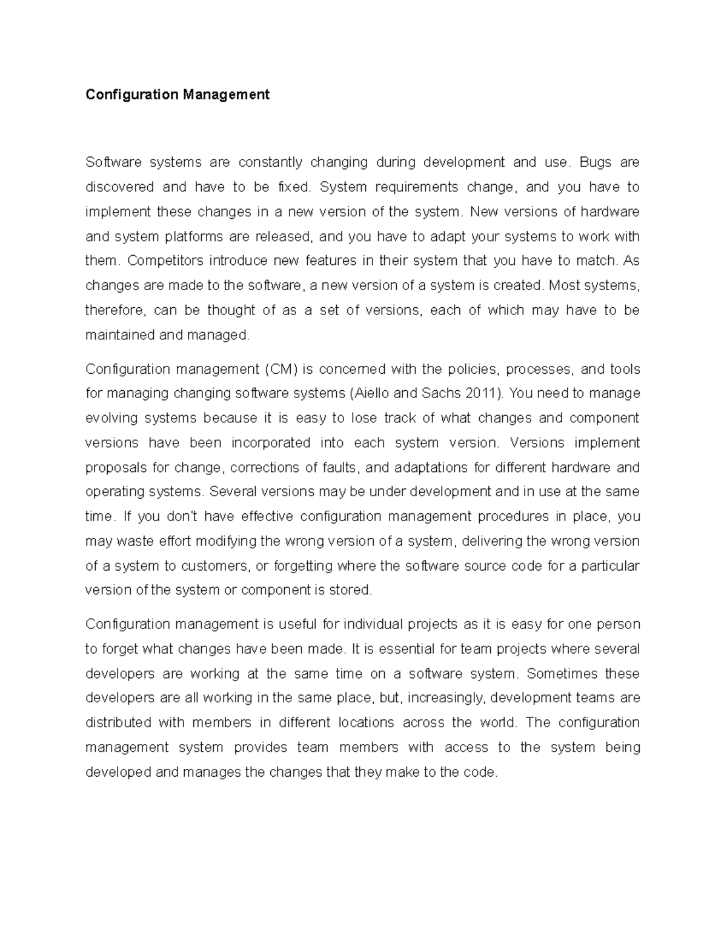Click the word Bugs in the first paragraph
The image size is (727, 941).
pos(595,162)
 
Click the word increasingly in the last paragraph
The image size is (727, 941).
pos(446,698)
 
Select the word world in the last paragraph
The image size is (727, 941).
pos(499,723)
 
